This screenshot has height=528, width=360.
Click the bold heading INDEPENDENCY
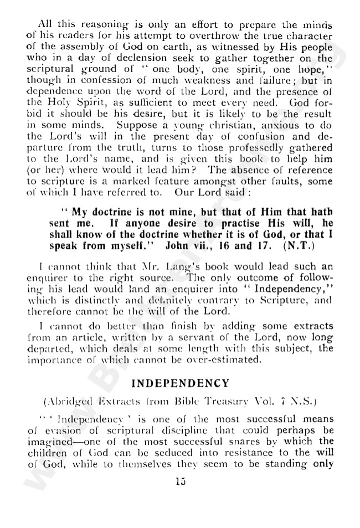click(x=180, y=382)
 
